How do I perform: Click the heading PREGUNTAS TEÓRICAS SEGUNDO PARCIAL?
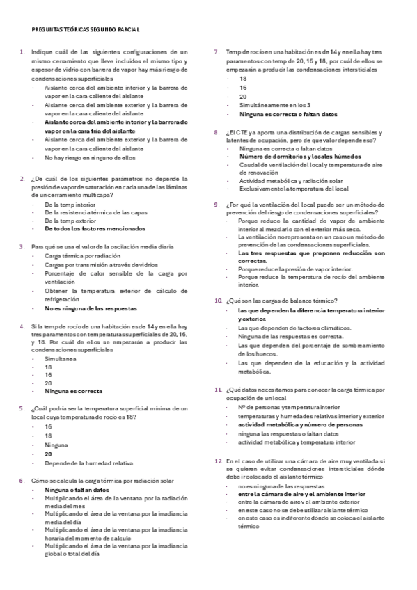[x=86, y=29]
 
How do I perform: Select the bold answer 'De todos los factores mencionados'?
[x=95, y=228]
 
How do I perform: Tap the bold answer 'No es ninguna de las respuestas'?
[x=91, y=308]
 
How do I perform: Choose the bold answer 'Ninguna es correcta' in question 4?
[x=73, y=391]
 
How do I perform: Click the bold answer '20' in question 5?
[x=48, y=453]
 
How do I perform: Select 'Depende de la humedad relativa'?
[x=88, y=463]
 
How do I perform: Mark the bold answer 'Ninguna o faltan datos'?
[x=75, y=491]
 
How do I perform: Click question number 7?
[x=217, y=51]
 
